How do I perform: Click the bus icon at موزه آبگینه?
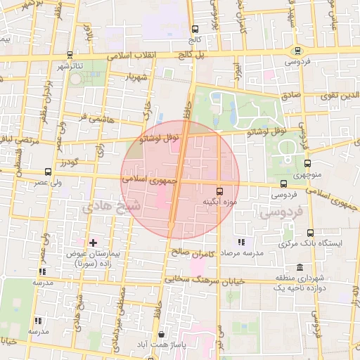point(219,191)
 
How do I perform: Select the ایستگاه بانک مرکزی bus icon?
point(310,233)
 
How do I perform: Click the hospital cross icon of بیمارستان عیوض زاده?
point(93,242)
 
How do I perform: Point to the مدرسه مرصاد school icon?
point(241,242)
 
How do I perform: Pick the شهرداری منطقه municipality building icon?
point(300,267)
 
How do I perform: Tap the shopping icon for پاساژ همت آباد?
point(163,335)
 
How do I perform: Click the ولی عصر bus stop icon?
point(48,172)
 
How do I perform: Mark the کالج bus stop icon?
point(195,29)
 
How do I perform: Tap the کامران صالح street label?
point(190,251)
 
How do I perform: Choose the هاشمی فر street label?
point(95,117)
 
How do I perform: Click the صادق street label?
point(291,93)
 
